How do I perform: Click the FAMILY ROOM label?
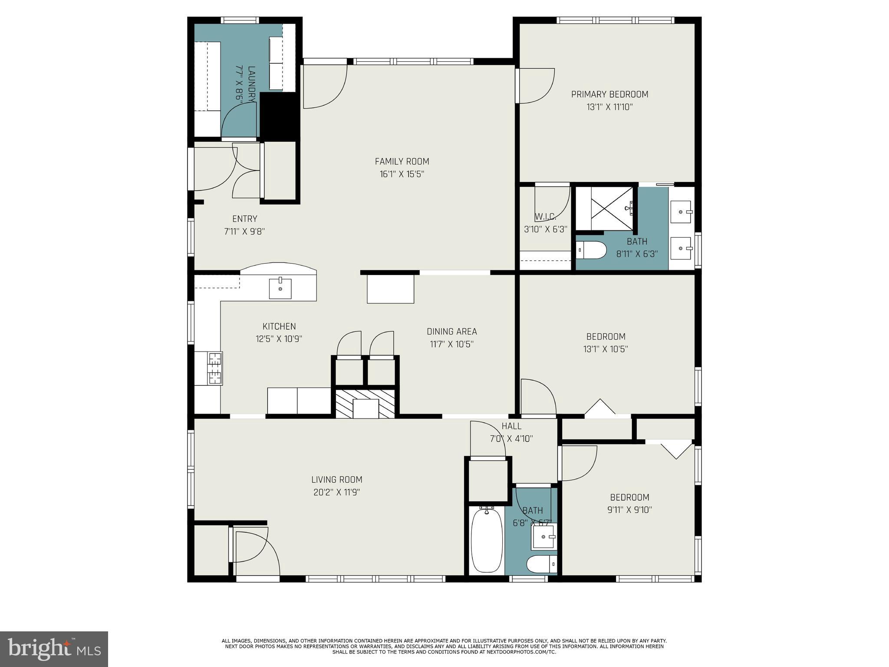pos(402,162)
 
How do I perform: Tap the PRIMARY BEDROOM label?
pos(609,94)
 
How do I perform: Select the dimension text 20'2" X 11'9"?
pos(336,492)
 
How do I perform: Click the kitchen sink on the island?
pos(280,289)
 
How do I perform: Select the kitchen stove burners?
pos(215,369)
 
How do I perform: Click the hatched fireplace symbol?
pos(365,404)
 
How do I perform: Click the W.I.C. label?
pos(545,216)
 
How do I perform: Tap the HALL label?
pos(511,426)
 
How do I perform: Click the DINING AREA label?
pos(451,332)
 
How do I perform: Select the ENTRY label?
pos(244,219)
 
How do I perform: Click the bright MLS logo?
pos(54,649)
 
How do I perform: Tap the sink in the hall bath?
pos(544,537)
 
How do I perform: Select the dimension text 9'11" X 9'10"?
pos(629,510)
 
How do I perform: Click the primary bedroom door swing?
pos(536,86)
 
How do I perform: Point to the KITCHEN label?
pos(279,326)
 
